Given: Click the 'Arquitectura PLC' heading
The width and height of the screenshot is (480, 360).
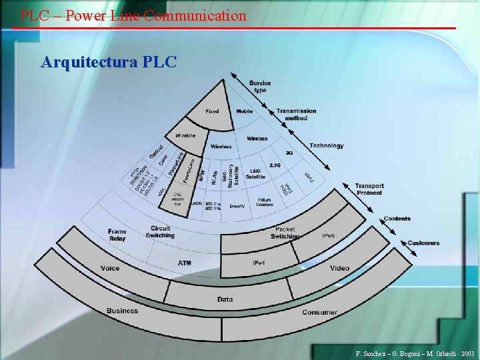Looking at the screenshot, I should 109,63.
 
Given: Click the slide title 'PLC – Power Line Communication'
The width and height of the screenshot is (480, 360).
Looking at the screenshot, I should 133,15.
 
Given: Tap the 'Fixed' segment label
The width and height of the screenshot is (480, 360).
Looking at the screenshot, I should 212,111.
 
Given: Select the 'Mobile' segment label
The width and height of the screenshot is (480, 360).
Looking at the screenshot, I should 245,111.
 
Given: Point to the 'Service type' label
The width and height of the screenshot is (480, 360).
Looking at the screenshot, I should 260,87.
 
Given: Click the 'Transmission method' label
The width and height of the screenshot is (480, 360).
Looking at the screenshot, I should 296,114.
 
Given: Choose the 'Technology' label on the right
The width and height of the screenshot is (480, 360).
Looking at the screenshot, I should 327,146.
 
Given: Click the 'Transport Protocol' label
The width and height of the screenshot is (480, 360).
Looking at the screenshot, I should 369,189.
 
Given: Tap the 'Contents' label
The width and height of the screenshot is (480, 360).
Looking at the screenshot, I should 397,219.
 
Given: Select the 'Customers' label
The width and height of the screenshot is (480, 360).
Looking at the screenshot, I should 423,243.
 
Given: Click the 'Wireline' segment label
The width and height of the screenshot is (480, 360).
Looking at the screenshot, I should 185,135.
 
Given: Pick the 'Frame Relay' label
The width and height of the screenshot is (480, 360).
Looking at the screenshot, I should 117,235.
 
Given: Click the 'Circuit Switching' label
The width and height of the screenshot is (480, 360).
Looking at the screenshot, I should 160,231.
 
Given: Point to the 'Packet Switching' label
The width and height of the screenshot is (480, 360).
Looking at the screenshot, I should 285,233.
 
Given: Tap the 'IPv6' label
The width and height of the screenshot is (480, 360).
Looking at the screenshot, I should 329,236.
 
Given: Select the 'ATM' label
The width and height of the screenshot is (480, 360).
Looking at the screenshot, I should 185,263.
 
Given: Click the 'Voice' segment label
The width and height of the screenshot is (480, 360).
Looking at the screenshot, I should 110,268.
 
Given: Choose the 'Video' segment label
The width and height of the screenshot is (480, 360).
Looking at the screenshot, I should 339,269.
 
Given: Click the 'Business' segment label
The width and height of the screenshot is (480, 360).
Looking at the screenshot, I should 122,311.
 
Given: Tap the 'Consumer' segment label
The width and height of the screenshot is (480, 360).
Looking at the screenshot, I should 319,312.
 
